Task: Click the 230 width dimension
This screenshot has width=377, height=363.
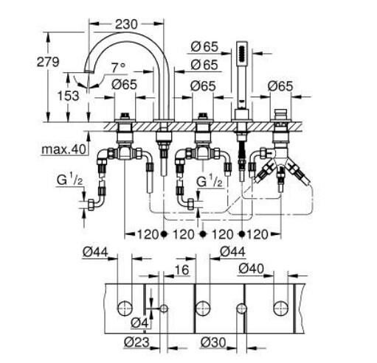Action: (126, 24)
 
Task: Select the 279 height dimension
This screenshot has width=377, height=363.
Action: (48, 62)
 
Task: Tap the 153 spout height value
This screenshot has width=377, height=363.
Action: (68, 96)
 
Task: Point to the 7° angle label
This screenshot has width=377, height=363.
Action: (118, 68)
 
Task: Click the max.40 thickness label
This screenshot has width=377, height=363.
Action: (64, 149)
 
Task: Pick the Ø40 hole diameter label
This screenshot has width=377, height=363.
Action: (251, 269)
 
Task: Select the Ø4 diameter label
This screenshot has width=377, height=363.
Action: (139, 323)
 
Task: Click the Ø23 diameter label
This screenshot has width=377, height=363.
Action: (136, 342)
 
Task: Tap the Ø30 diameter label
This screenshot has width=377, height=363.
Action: (213, 342)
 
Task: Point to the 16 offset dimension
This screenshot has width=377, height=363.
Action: (181, 270)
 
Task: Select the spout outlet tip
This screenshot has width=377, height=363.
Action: (88, 71)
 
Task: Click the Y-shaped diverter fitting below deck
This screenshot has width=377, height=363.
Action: (280, 161)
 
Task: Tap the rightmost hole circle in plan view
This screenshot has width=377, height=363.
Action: (280, 309)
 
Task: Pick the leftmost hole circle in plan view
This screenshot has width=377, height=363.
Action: (125, 309)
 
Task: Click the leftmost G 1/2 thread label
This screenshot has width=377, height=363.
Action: (70, 180)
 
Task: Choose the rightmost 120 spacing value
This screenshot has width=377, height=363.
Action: (257, 234)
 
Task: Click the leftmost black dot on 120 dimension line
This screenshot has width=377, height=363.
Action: (164, 234)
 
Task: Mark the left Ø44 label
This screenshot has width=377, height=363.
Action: (95, 252)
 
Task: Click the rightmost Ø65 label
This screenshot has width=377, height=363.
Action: (280, 86)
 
